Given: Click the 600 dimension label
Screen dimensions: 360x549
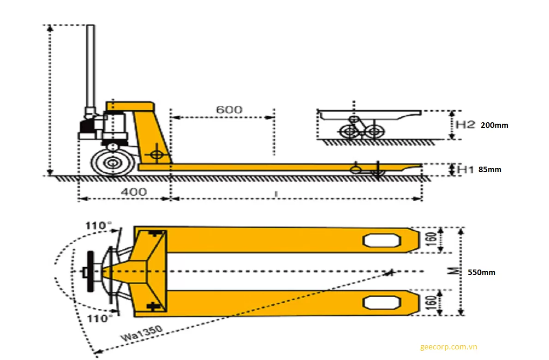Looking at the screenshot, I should (229, 109).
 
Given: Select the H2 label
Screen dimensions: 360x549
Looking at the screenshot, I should (465, 124).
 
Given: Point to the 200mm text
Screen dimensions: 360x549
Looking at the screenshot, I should (495, 125).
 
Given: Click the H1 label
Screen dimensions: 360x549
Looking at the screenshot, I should (465, 169).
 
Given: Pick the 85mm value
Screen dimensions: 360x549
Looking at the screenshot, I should (489, 169).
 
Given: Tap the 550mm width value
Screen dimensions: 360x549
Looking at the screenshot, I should (481, 272).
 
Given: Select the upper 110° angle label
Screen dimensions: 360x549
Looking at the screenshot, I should (98, 225).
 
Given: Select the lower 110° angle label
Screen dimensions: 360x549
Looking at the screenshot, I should (98, 318).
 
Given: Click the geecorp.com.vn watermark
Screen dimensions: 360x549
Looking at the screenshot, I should (448, 347).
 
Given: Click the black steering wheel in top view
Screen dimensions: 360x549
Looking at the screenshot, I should (90, 271).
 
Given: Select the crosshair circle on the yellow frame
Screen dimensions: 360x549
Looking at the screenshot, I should (157, 155).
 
